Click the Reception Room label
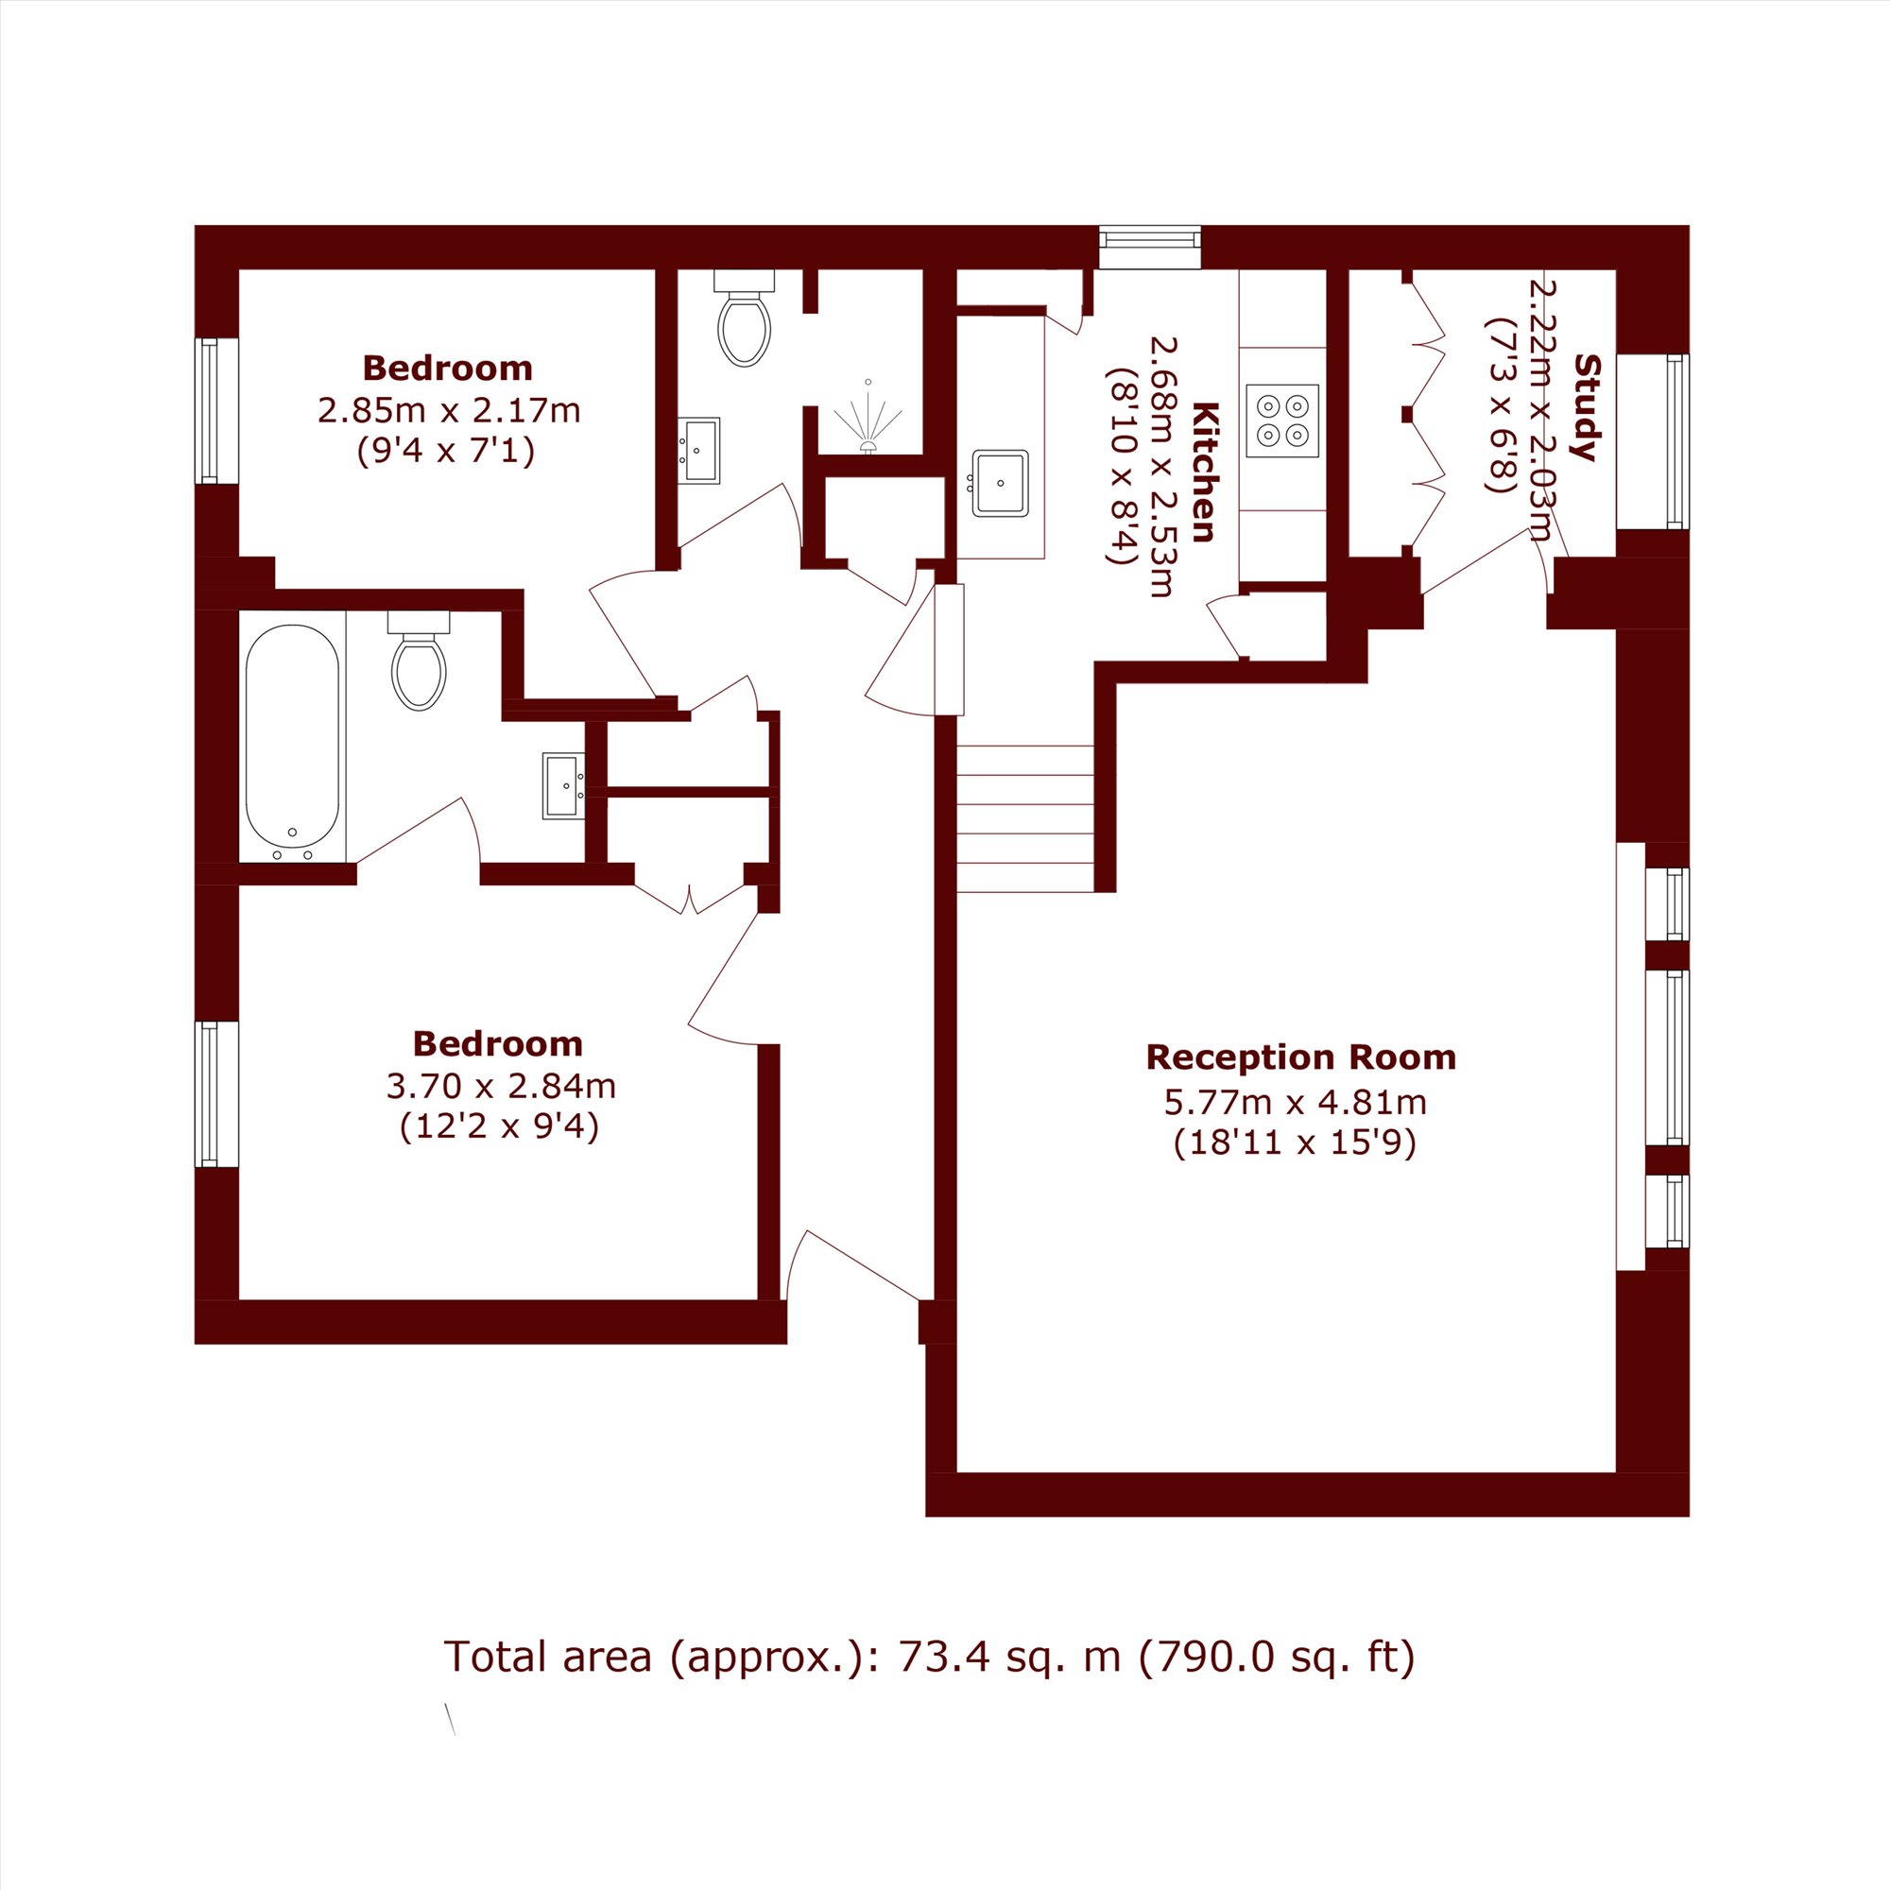(x=1301, y=1057)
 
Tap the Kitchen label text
(x=1205, y=472)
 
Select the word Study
(x=1587, y=407)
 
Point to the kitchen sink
(x=1000, y=482)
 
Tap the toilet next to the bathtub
(x=419, y=661)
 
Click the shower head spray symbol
(x=867, y=419)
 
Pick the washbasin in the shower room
(x=699, y=451)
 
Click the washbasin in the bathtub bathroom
(x=564, y=785)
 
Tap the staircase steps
(x=1024, y=818)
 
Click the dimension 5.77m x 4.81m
(x=1296, y=1103)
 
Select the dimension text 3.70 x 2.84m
(x=502, y=1086)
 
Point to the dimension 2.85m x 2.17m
(x=449, y=410)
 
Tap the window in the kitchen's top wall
(x=1149, y=247)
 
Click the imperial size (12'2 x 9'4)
(x=499, y=1128)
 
